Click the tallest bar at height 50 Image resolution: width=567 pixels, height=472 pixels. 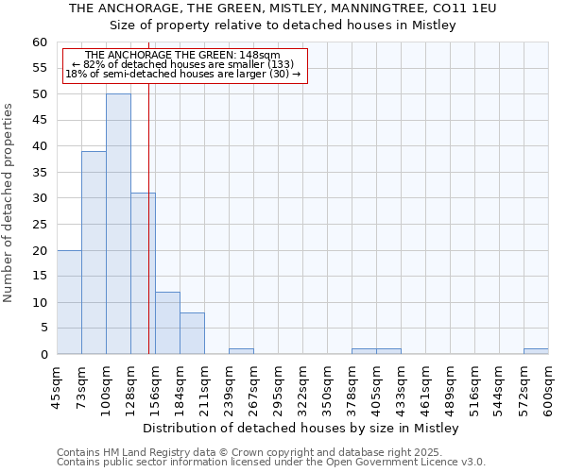point(118,225)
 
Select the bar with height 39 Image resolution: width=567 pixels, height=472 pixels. point(94,253)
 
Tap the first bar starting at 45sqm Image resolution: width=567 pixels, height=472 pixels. point(69,302)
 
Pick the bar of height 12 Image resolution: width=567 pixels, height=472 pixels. point(167,323)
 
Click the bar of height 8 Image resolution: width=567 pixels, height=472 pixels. point(192,333)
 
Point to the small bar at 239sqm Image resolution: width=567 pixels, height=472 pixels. point(241,351)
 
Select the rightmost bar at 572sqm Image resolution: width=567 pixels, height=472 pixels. point(536,351)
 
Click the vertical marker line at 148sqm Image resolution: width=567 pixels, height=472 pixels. point(148,236)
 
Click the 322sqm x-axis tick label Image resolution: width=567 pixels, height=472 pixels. point(302,387)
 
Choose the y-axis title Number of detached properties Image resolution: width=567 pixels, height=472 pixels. point(9,198)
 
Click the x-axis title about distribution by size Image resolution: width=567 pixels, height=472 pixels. point(302,429)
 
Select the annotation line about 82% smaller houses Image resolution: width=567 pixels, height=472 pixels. point(184,64)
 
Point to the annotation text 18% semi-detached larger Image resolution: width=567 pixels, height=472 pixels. point(184,74)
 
